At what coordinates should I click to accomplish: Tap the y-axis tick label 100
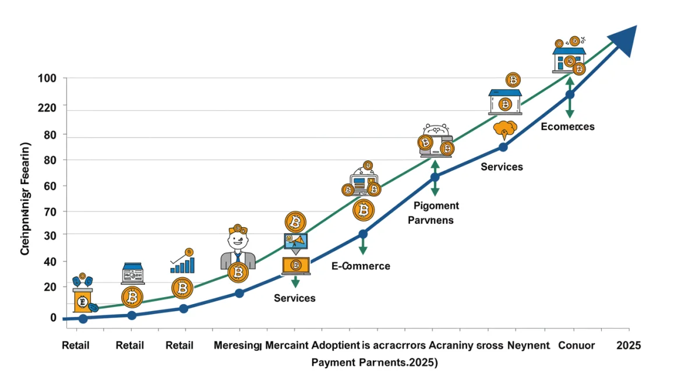pos(46,78)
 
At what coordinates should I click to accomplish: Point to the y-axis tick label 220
pos(46,107)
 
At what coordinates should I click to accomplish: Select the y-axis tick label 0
pos(53,317)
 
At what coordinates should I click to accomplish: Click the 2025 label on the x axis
pos(629,345)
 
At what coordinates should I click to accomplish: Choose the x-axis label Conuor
pos(576,345)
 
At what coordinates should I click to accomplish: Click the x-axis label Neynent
pos(528,345)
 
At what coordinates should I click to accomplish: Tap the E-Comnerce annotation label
pos(361,266)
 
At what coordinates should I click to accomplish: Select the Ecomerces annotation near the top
pos(567,126)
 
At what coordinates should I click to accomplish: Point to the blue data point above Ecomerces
pos(570,94)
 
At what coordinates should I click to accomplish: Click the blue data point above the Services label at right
pos(503,147)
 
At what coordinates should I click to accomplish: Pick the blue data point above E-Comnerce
pos(363,234)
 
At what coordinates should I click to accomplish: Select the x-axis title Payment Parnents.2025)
pos(374,362)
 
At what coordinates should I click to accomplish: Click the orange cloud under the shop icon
pos(505,128)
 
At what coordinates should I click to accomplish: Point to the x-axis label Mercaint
pos(287,345)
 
